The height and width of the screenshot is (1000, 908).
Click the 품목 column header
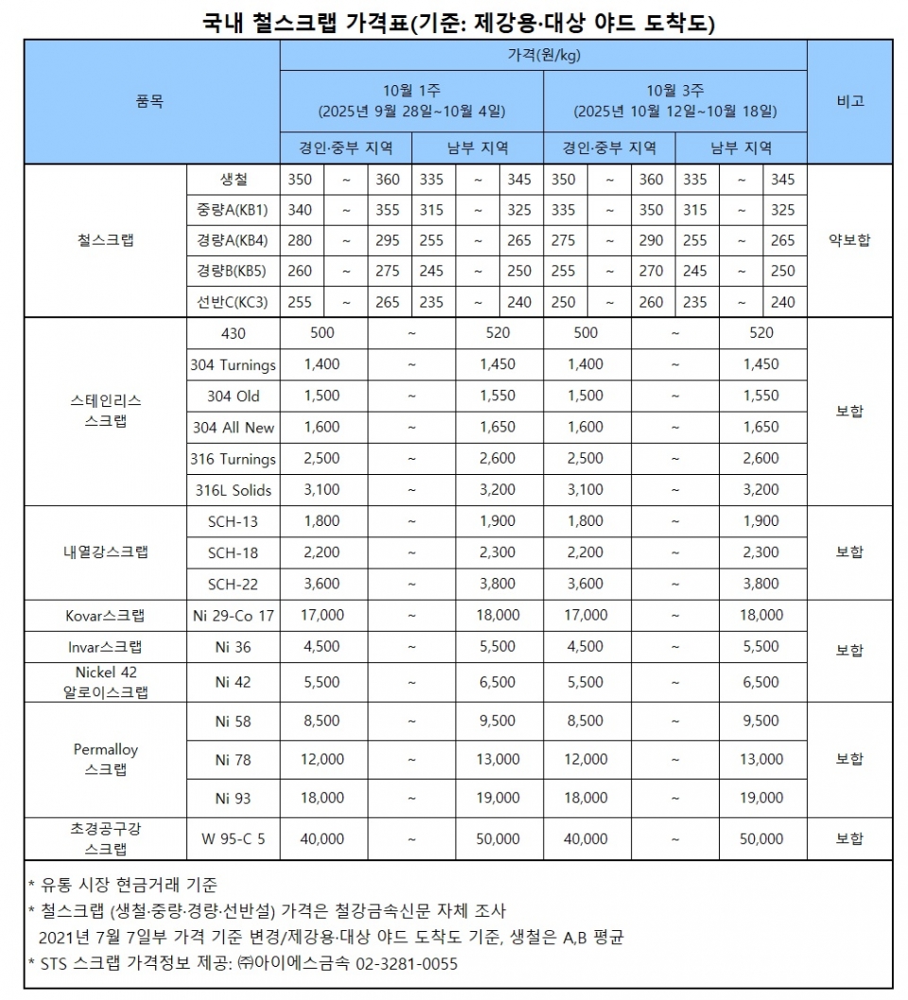tap(150, 101)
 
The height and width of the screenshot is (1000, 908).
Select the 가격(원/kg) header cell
tap(543, 55)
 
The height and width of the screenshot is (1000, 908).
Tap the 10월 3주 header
tap(674, 91)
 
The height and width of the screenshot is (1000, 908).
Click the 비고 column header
tap(849, 101)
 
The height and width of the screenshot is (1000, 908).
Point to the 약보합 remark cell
tap(849, 240)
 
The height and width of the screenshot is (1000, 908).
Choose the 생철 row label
tap(234, 180)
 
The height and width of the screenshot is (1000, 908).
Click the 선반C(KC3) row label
tap(234, 303)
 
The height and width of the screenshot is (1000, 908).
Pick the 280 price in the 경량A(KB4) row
tap(300, 241)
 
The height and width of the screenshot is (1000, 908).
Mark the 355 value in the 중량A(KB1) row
tap(388, 210)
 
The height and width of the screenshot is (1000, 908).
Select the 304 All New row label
tap(234, 428)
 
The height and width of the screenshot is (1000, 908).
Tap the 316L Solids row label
tap(234, 490)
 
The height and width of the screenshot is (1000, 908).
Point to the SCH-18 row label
tap(234, 553)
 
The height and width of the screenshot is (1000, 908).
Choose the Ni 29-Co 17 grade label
tap(234, 616)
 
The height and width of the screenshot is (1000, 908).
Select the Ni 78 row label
tap(234, 760)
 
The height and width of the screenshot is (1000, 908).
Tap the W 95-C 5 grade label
tap(234, 839)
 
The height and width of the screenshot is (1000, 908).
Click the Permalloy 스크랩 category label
tap(106, 760)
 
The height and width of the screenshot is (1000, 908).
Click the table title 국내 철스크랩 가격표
tap(303, 21)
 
